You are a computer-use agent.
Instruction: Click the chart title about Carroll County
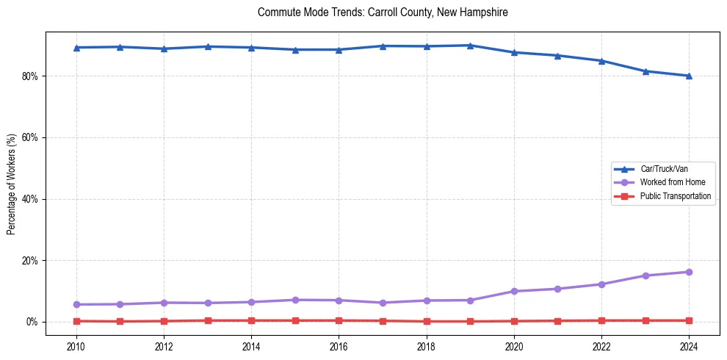tap(383, 12)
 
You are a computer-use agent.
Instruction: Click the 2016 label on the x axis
tap(339, 346)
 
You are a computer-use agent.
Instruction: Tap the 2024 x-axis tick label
tap(689, 346)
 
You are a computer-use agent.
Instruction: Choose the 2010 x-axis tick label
tap(76, 346)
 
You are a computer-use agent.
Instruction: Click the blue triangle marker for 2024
tap(689, 76)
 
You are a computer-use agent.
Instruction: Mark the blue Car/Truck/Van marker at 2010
tap(76, 48)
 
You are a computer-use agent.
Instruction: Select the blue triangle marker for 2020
tap(514, 52)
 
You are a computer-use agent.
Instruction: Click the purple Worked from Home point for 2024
tap(689, 272)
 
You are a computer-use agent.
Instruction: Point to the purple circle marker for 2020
tap(514, 291)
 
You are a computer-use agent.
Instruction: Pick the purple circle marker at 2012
tap(164, 303)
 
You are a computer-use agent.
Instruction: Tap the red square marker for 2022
tap(601, 320)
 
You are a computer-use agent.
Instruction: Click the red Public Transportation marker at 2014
tap(251, 320)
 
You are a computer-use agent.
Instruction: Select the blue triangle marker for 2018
tap(427, 46)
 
